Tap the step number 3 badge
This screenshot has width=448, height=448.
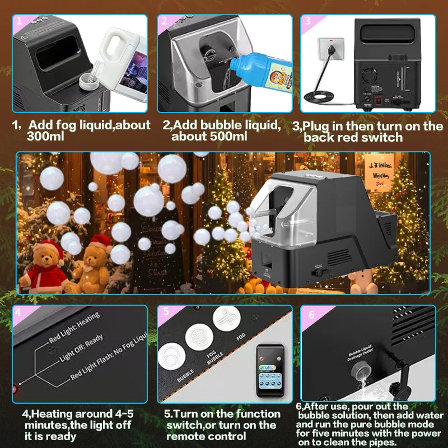coord(307,21)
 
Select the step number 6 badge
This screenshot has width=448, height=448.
coord(311,314)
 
